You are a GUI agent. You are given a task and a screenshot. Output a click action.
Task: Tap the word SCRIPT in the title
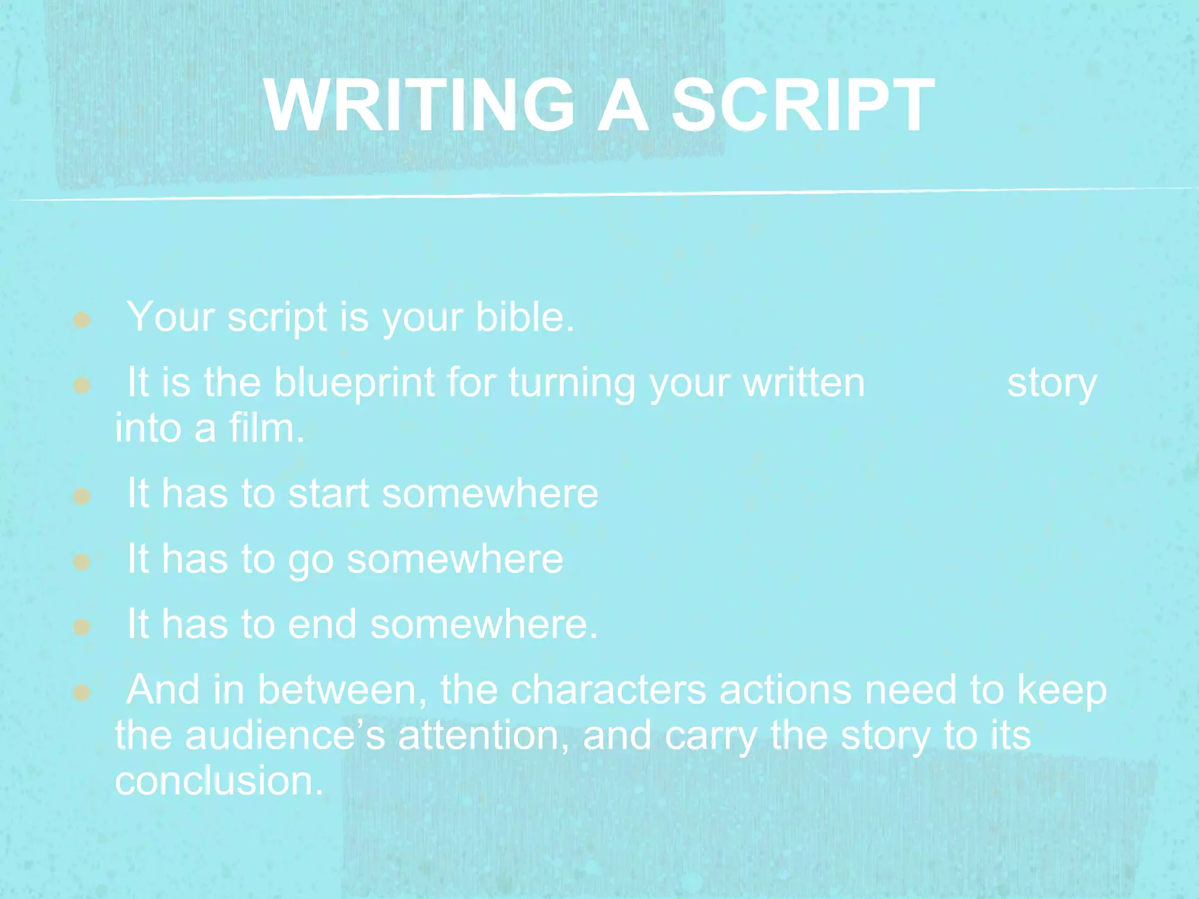[803, 105]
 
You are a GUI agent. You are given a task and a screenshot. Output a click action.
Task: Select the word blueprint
[355, 383]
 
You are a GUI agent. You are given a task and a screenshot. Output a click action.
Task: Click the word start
[328, 493]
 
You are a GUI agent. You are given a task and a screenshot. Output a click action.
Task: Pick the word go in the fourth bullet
[310, 560]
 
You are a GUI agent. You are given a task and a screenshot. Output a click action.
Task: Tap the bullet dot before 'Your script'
[81, 320]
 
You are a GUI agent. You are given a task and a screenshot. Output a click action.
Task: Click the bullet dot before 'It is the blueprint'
[81, 386]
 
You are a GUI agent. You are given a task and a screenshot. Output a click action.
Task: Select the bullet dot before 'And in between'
[81, 694]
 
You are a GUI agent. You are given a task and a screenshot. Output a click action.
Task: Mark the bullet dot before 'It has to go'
[81, 562]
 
